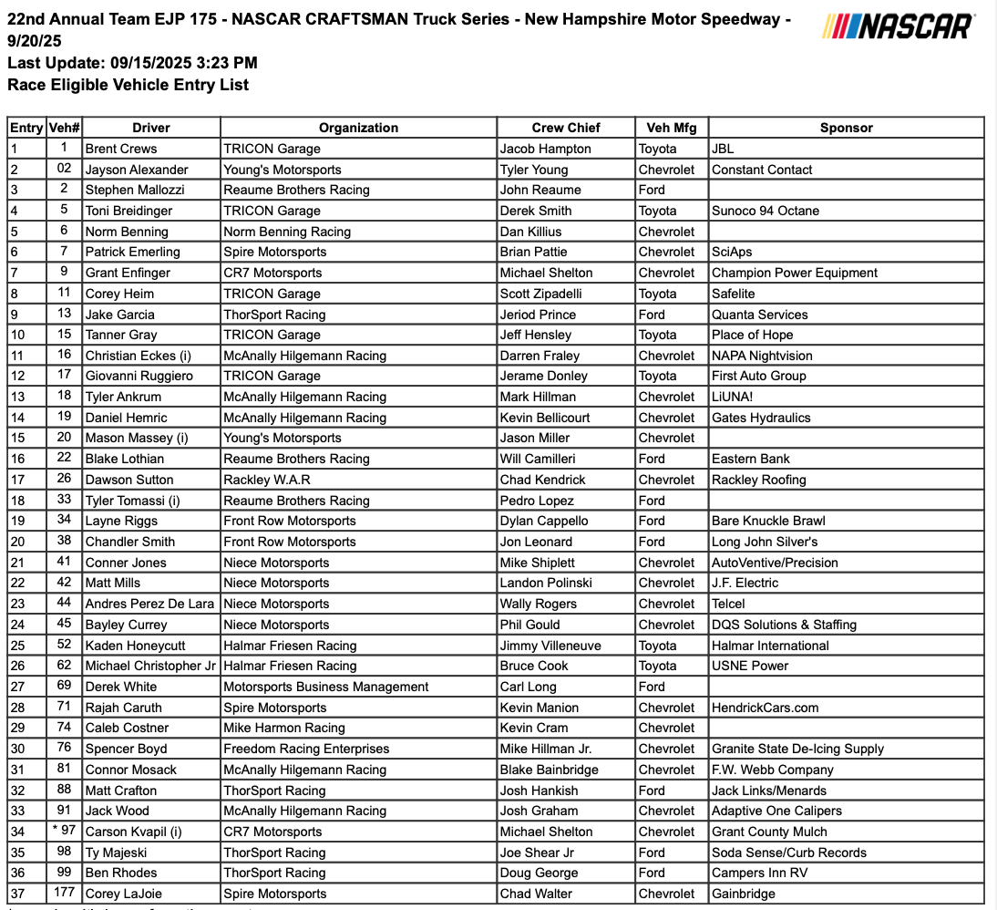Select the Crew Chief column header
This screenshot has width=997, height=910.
(x=566, y=128)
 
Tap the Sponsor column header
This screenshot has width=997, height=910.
(x=846, y=128)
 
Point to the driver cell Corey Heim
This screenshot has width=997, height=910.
(x=119, y=294)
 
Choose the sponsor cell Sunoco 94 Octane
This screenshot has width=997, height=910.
(x=766, y=211)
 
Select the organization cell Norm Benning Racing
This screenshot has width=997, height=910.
(x=287, y=232)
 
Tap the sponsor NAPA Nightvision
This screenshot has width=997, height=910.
(x=762, y=356)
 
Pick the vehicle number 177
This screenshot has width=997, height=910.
(x=64, y=894)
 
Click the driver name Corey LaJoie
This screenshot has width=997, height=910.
(x=123, y=894)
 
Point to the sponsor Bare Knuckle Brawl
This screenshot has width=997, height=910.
(x=768, y=521)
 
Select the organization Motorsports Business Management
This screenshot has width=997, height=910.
(x=325, y=687)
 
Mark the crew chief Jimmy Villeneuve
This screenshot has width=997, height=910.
(x=550, y=646)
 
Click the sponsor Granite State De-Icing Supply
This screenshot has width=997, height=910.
(x=797, y=749)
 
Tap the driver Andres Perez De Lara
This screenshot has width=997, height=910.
(x=149, y=604)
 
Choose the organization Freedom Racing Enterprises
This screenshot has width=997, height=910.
(x=306, y=749)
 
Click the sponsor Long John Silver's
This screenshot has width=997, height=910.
(x=765, y=542)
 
